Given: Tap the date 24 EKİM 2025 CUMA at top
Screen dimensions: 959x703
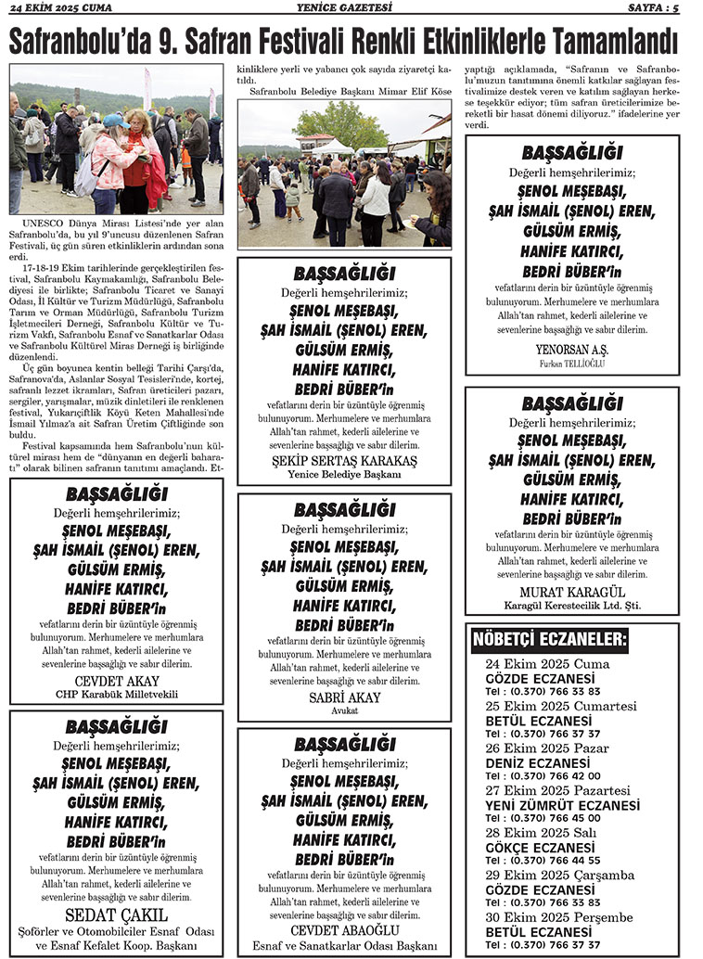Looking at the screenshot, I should [60, 8].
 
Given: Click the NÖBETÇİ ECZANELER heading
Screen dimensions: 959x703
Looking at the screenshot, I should [550, 640].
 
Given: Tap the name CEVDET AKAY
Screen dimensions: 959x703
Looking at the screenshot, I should [116, 680].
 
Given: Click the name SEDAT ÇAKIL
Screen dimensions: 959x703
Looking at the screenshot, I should [116, 914].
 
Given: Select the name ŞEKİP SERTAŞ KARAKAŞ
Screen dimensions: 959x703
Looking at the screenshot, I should [344, 461].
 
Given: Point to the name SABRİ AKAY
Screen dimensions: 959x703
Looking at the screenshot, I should [344, 697].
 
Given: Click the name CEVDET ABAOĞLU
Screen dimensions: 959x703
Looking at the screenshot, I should [344, 929].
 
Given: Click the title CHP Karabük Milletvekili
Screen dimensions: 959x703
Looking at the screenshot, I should [116, 694].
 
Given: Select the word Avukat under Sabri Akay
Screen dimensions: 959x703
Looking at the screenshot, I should [344, 710].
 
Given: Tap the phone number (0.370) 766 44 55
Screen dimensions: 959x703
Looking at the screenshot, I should [556, 860].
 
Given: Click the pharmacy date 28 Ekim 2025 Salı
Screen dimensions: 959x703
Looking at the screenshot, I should [541, 833].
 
